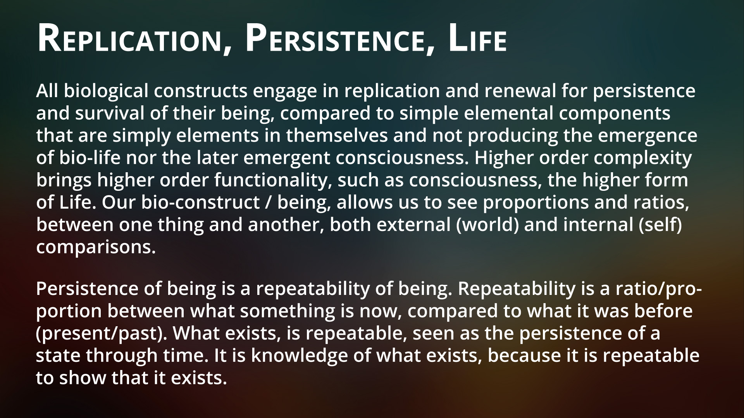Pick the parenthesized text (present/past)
[x=102, y=334]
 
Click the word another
[x=286, y=225]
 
